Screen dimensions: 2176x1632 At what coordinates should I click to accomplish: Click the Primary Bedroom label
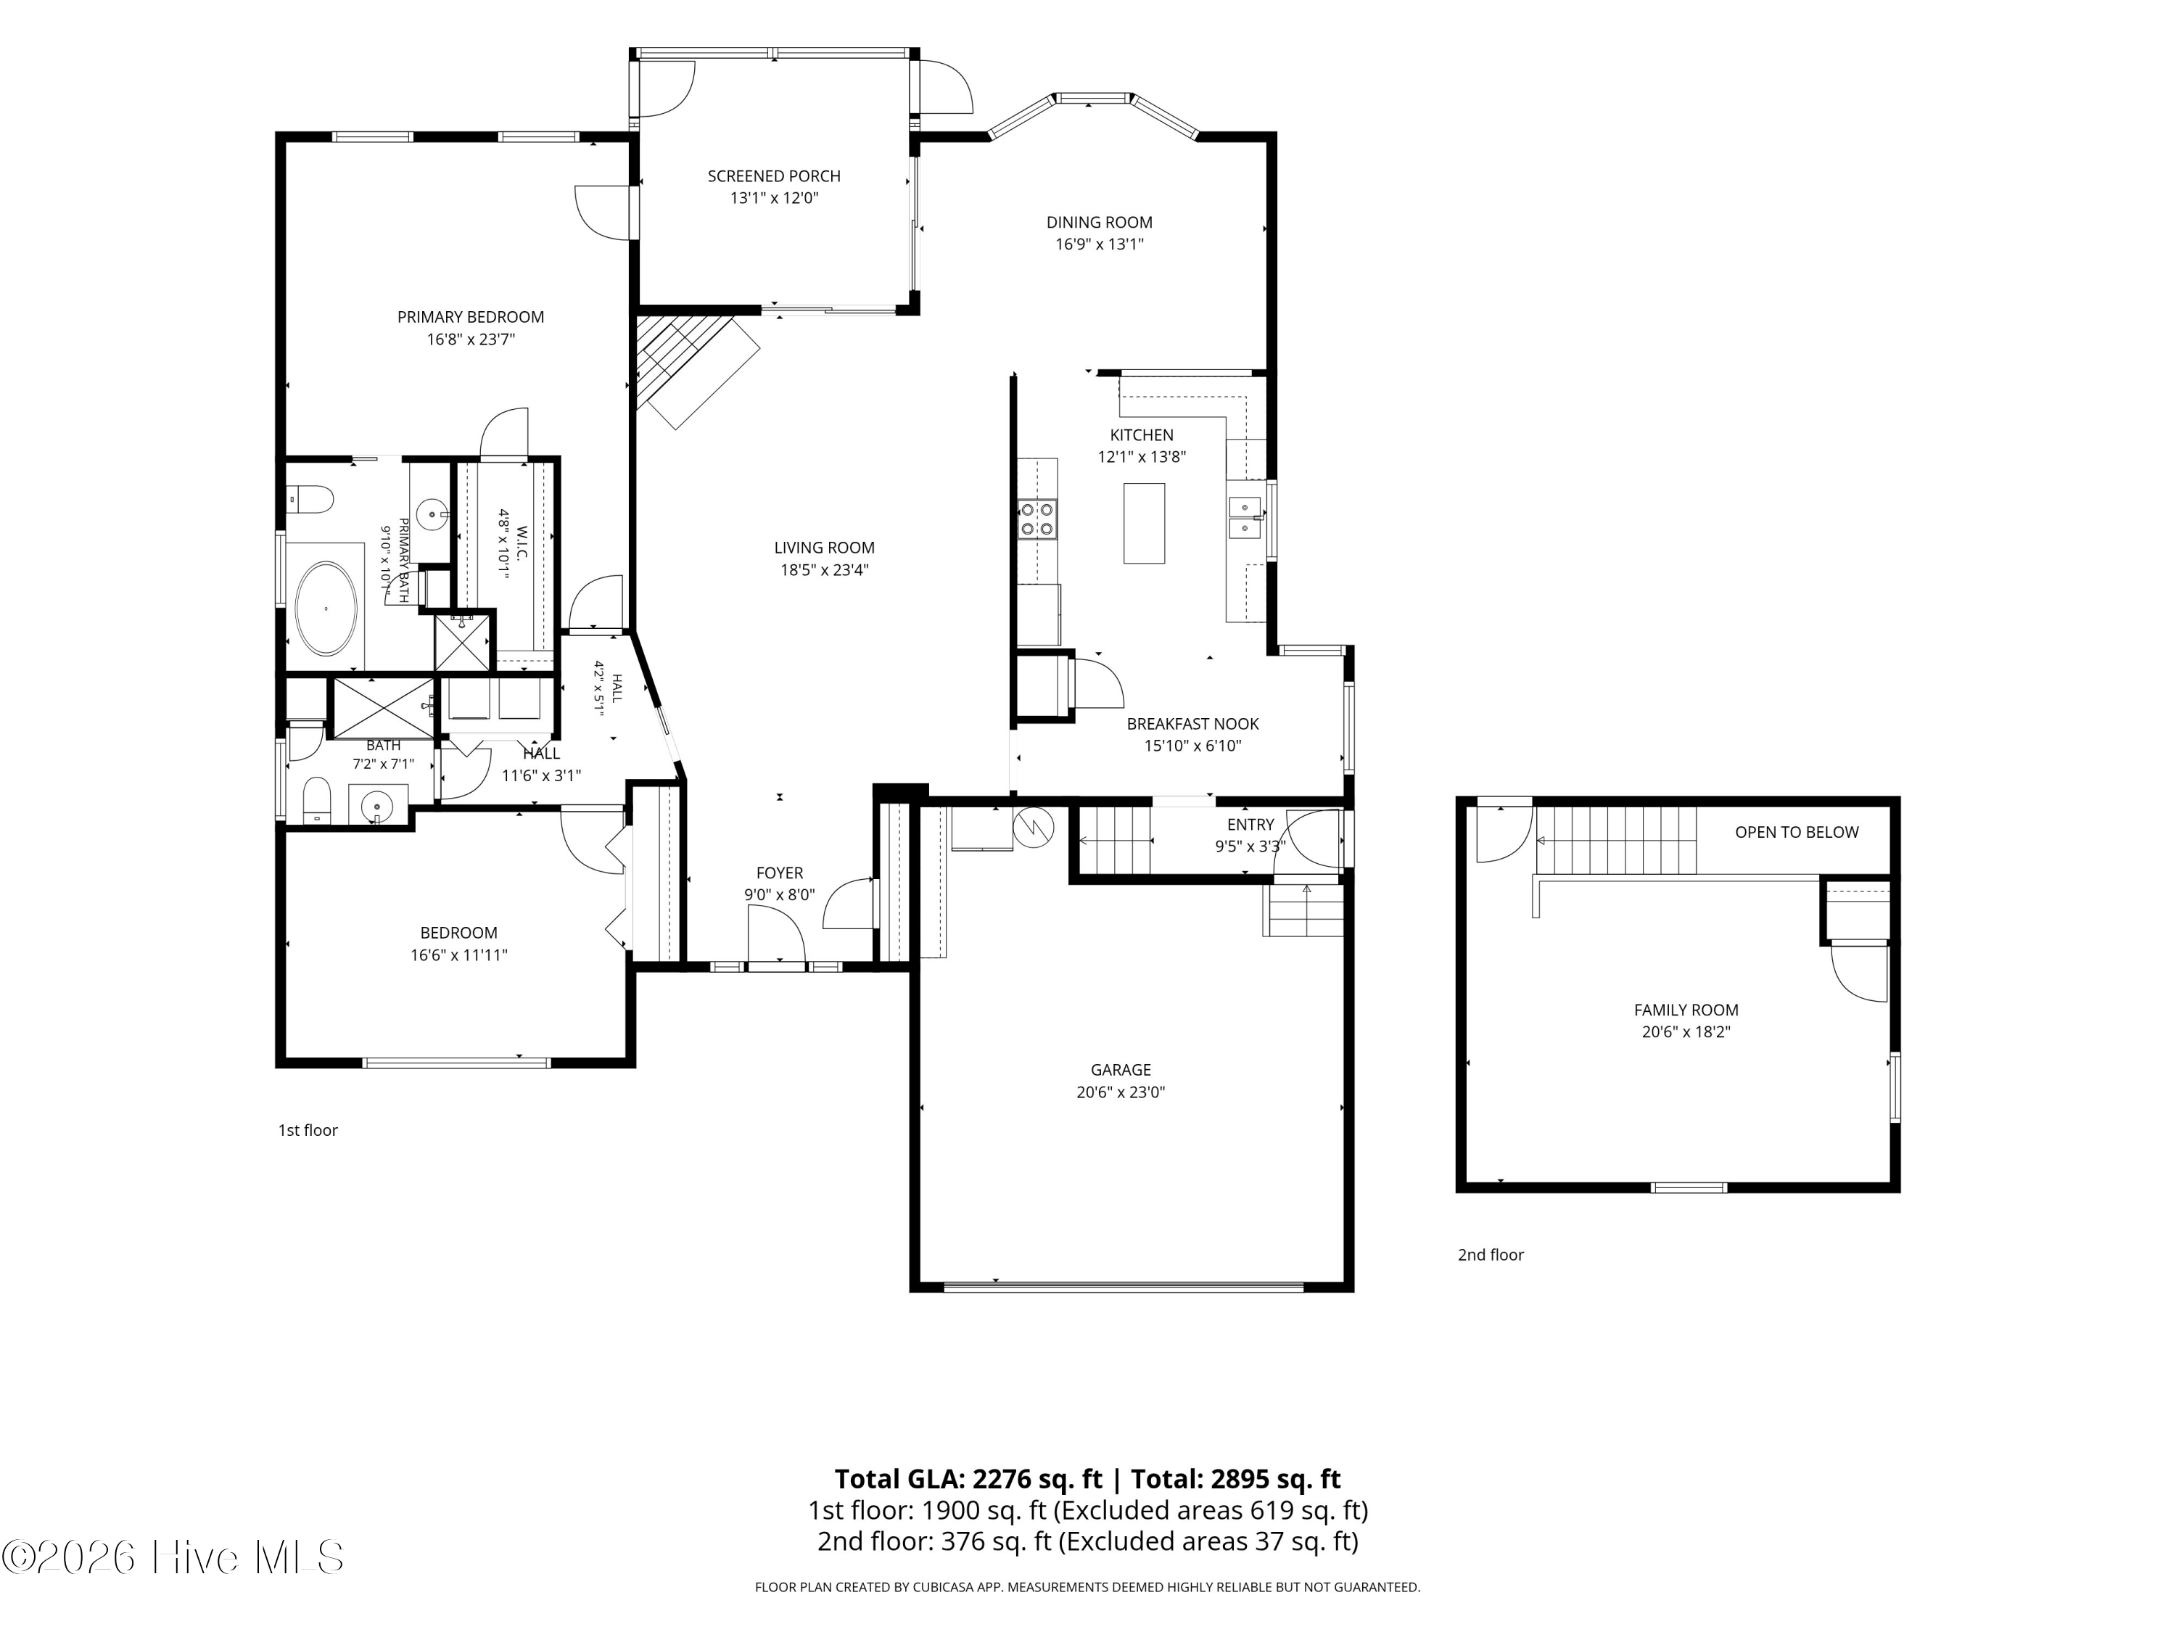click(x=470, y=317)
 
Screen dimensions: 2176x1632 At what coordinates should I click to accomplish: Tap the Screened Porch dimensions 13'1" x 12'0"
click(x=774, y=198)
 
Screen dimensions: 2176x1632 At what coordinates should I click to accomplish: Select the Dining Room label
click(x=1099, y=223)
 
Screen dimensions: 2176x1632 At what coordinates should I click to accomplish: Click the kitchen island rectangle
click(x=1144, y=524)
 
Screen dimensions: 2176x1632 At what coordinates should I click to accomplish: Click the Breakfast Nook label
click(x=1192, y=724)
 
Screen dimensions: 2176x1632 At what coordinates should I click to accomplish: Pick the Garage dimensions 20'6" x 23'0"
click(x=1121, y=1092)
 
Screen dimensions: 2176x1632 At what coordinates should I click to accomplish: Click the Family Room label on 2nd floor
click(x=1686, y=1010)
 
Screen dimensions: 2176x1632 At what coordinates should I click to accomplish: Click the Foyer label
click(x=779, y=873)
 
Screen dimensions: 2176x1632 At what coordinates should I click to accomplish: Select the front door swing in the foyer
click(x=777, y=934)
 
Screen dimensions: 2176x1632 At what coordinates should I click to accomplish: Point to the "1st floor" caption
click(x=308, y=1130)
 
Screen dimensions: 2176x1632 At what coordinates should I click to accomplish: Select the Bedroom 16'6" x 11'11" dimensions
click(x=458, y=955)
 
